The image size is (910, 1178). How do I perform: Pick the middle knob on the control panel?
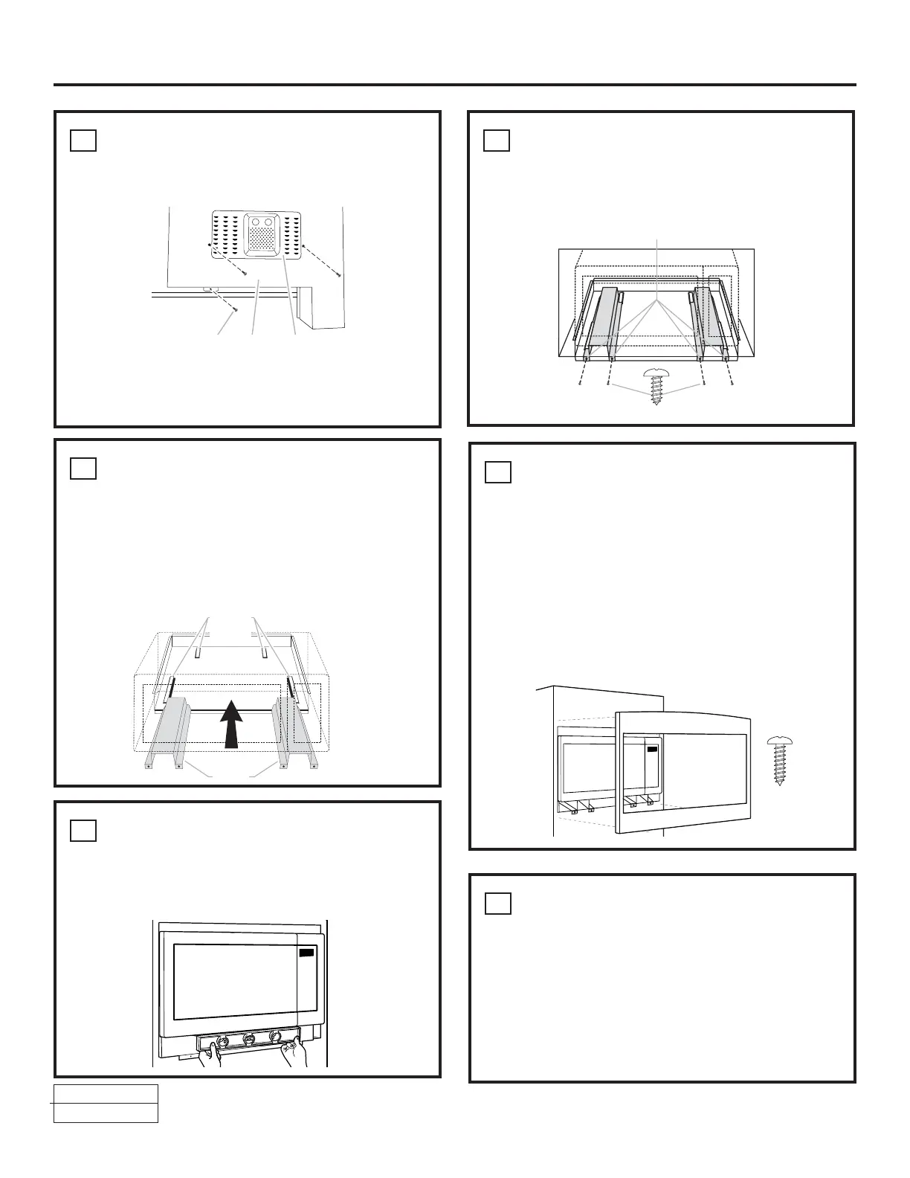coord(248,1037)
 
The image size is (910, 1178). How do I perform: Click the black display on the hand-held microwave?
coord(306,953)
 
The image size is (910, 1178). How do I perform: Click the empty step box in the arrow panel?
coord(83,469)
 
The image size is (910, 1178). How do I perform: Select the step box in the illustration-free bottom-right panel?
coord(497,903)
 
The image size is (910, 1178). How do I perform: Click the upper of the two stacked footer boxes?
coord(106,1093)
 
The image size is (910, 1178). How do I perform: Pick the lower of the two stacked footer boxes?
coord(106,1113)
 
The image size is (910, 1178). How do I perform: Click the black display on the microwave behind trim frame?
coord(653,750)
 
